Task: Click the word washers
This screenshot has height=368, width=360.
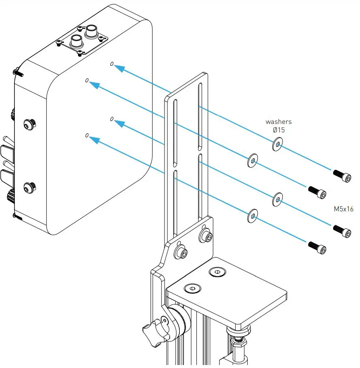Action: click(278, 122)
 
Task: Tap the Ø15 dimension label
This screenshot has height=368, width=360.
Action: click(278, 130)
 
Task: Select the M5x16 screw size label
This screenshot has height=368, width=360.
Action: click(343, 209)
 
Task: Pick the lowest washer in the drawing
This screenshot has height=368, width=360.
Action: click(253, 216)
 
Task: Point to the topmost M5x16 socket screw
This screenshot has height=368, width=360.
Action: click(342, 175)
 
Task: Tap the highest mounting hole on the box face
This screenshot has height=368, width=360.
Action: click(112, 64)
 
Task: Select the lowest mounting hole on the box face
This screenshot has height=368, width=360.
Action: click(87, 135)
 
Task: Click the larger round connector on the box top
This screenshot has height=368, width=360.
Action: click(91, 31)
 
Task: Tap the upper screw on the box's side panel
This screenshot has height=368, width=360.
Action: click(29, 124)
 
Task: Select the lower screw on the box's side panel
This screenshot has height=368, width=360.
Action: click(29, 186)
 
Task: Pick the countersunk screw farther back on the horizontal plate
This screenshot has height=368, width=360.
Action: click(216, 272)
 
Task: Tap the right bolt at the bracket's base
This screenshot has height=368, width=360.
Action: click(206, 236)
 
